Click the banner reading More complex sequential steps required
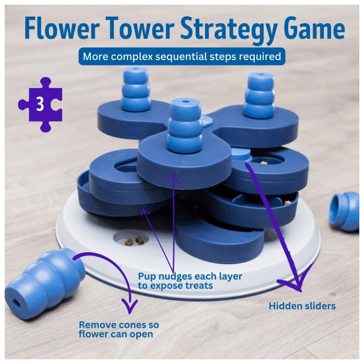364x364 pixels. tap(182, 56)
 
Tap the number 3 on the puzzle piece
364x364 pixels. tap(40, 104)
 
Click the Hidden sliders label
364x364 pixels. tap(302, 306)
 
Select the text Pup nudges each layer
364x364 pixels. tap(190, 276)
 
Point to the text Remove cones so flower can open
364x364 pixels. tap(119, 329)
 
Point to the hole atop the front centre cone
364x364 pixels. tap(185, 102)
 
